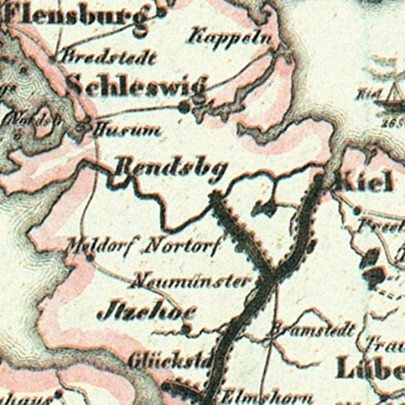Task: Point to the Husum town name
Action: (127, 131)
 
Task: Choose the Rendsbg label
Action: (171, 169)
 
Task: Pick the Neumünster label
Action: (189, 281)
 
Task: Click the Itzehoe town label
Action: (147, 313)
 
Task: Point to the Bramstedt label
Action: (312, 329)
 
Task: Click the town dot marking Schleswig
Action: (185, 108)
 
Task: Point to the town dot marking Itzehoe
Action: (186, 328)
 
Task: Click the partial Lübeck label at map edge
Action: (370, 369)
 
